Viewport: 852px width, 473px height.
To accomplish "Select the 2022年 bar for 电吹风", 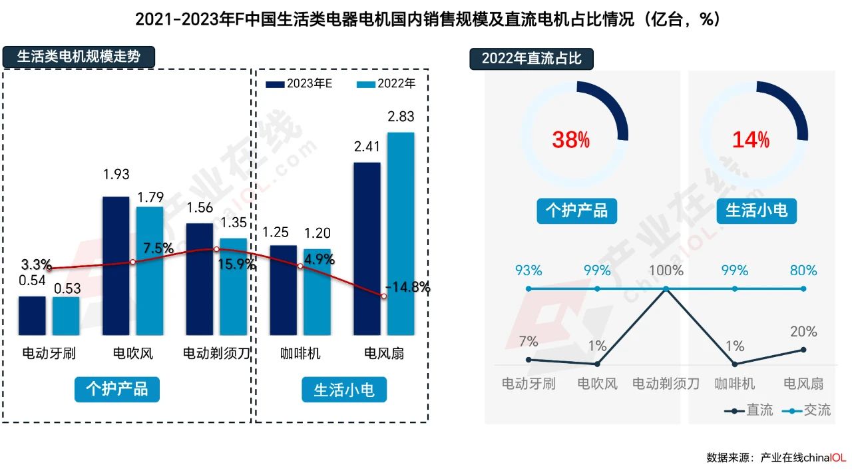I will (150, 270).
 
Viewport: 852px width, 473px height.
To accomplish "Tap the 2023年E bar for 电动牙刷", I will (32, 315).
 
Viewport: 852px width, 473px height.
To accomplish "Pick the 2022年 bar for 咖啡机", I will (317, 292).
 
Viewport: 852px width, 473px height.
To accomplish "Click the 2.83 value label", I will (401, 117).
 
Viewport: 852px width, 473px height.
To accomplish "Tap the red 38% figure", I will (571, 140).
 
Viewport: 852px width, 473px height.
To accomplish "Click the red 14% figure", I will (751, 140).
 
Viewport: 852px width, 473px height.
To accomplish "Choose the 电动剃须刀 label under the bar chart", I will (216, 353).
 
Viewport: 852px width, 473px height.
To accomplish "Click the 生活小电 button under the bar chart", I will (343, 389).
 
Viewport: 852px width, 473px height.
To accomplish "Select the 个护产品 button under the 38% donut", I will (576, 211).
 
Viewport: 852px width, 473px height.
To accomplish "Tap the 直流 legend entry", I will (749, 410).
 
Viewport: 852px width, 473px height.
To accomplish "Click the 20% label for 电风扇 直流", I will (803, 332).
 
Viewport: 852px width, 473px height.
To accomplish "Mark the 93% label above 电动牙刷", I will (529, 270).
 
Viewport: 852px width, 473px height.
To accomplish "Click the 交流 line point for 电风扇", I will (803, 288).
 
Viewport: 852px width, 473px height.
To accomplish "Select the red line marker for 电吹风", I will (132, 262).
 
